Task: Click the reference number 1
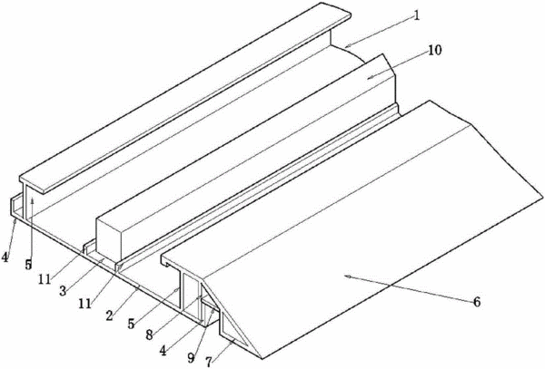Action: [x=417, y=15]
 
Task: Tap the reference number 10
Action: [x=434, y=50]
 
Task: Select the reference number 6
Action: [x=477, y=302]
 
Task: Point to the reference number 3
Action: [x=63, y=291]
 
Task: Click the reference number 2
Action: [x=110, y=316]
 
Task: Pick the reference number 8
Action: [x=149, y=335]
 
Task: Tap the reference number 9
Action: [x=191, y=357]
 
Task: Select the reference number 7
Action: [x=209, y=362]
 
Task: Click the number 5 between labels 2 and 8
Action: [x=131, y=324]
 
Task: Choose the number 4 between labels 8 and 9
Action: [x=163, y=351]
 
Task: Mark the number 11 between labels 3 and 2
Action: [x=85, y=304]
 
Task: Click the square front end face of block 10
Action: [x=109, y=238]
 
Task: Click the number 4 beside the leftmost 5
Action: [x=5, y=257]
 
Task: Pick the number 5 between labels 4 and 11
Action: [x=28, y=265]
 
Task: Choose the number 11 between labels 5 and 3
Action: [x=45, y=278]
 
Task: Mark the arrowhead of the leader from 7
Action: [x=233, y=343]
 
